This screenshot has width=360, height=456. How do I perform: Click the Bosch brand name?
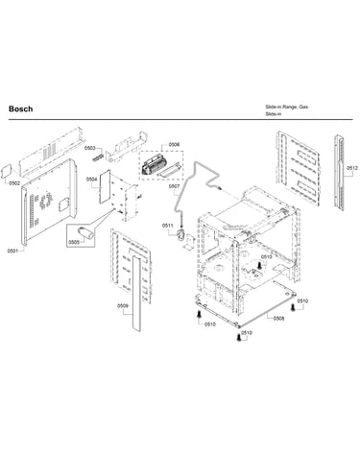(x=20, y=108)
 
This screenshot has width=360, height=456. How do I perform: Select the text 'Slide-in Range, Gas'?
(x=286, y=107)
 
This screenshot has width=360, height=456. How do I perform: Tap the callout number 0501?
(x=12, y=251)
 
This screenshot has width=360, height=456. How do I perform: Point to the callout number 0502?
(x=14, y=183)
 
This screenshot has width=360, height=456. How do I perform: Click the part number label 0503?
(x=90, y=148)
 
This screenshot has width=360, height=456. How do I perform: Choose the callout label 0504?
(x=91, y=180)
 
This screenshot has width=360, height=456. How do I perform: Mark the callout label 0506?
(x=174, y=145)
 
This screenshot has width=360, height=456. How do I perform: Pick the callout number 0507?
(x=174, y=186)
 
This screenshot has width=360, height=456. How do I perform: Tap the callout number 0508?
(x=278, y=319)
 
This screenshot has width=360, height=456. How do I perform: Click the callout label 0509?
(x=123, y=306)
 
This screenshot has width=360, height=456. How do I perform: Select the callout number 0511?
(x=167, y=226)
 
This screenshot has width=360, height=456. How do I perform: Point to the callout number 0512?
(x=352, y=168)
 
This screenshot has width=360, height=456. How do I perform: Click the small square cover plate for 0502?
(x=7, y=171)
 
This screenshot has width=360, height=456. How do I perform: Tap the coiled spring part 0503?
(x=98, y=157)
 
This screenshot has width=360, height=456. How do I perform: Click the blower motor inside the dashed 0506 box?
(x=153, y=164)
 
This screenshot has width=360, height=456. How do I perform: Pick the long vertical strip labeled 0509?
(x=136, y=293)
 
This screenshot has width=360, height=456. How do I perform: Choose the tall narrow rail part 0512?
(x=340, y=173)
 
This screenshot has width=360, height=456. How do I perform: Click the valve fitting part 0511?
(x=181, y=234)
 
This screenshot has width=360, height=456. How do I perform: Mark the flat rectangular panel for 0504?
(x=105, y=187)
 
